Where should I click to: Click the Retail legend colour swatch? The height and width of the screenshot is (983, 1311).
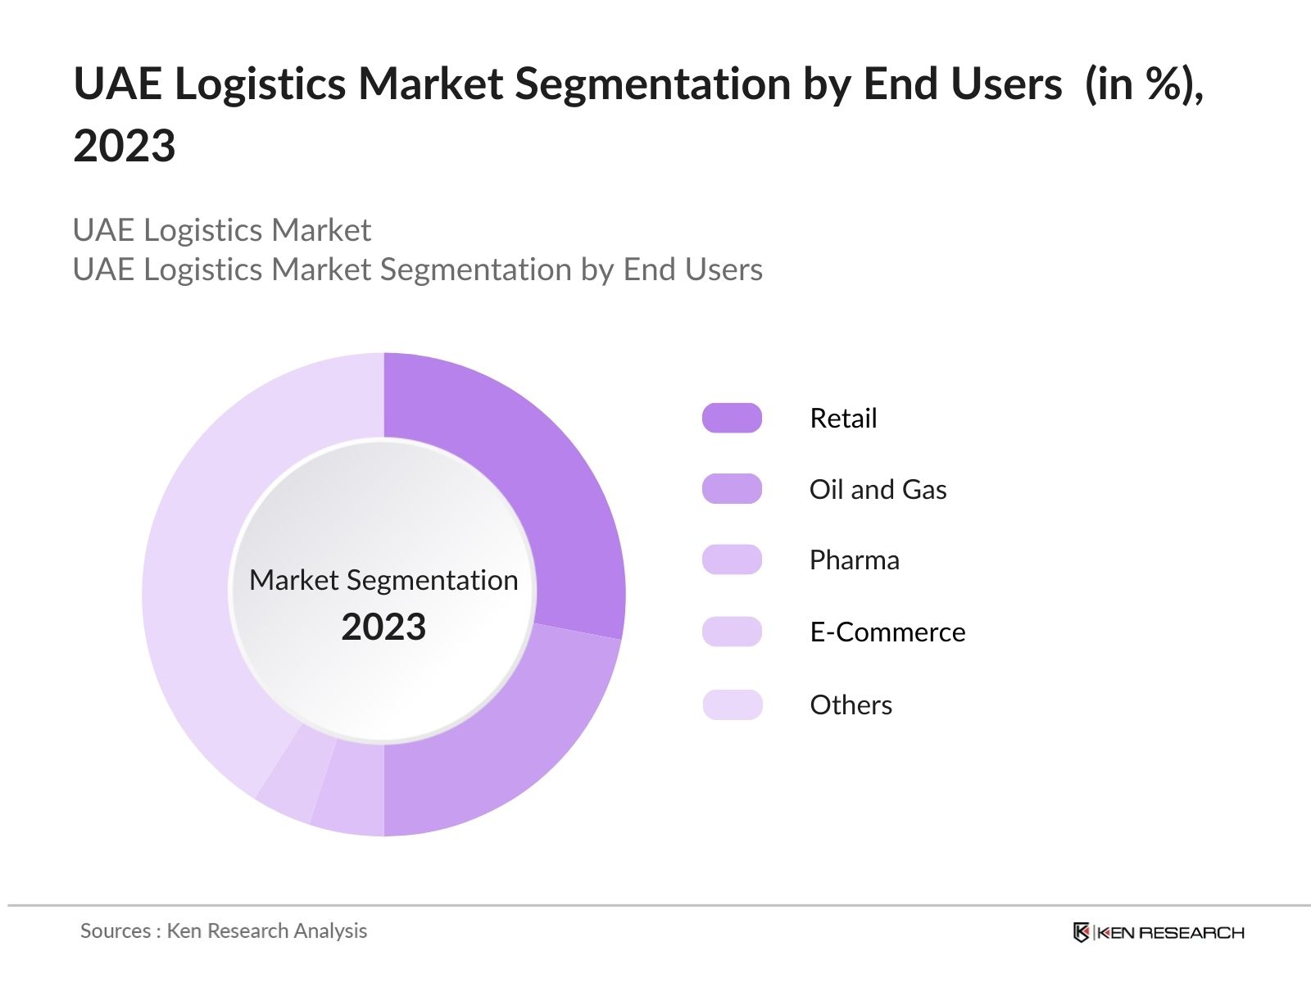coord(732,418)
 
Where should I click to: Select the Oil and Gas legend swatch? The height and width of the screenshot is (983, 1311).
coord(732,489)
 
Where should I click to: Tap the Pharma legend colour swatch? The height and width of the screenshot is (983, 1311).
coord(732,559)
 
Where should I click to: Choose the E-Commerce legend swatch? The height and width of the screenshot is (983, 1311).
coord(732,632)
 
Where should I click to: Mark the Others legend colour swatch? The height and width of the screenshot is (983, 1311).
coord(732,704)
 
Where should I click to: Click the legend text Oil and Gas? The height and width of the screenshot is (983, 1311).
coord(878,489)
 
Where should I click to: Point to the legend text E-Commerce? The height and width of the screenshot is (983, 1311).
coord(887,632)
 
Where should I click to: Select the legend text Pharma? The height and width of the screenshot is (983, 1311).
coord(854,559)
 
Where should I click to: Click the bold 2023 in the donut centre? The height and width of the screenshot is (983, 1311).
coord(383,627)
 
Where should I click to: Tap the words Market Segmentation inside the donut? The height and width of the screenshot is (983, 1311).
coord(383,580)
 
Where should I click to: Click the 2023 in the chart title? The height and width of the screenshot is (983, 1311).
coord(125,146)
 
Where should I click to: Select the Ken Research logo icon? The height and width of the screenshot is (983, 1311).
coord(1082,932)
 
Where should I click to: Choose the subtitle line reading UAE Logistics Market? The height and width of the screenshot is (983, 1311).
coord(222,230)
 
